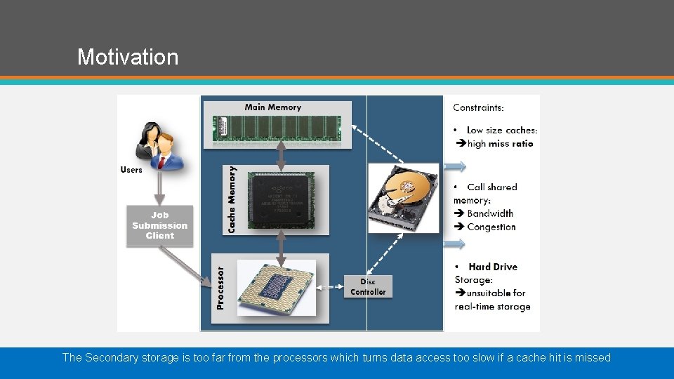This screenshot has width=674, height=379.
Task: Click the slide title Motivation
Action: point(128,56)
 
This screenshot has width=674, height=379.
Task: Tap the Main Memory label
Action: point(272,107)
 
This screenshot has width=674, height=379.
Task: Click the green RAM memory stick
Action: point(277,128)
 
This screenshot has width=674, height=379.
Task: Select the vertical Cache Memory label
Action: point(232,199)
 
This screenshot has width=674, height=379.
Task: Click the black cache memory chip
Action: point(280,202)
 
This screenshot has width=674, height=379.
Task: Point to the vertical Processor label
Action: point(220,287)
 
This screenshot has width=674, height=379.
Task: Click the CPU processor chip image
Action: point(277,288)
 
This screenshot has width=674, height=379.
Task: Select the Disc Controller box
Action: point(368,287)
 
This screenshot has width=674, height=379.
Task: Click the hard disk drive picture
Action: point(403,197)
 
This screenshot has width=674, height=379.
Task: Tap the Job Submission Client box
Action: point(159,225)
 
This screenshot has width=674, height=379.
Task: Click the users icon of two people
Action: point(159,144)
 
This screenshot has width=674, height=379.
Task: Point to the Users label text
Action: point(131,170)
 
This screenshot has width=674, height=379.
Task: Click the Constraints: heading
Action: point(478,107)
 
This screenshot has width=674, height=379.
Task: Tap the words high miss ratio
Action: point(500,144)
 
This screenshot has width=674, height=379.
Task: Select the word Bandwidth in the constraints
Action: point(490,213)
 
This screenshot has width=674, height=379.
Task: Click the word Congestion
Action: point(491,227)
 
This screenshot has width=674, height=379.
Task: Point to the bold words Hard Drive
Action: point(493,267)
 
